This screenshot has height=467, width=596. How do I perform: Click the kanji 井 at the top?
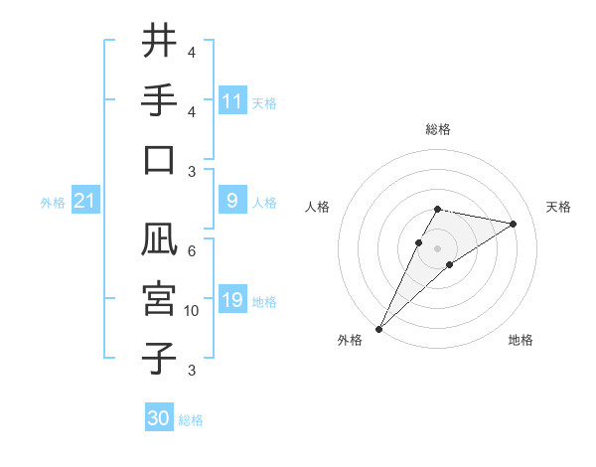pyautogui.click(x=159, y=42)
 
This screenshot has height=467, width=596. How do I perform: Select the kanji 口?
pyautogui.click(x=159, y=160)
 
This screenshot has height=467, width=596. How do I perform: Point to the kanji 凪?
pyautogui.click(x=159, y=239)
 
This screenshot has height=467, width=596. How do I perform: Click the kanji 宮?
pyautogui.click(x=159, y=299)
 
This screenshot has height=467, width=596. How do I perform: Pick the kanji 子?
pyautogui.click(x=159, y=358)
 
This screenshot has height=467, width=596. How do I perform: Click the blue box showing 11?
pyautogui.click(x=231, y=101)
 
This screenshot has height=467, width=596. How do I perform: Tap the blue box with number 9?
pyautogui.click(x=231, y=202)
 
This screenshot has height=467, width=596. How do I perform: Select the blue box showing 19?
pyautogui.click(x=231, y=301)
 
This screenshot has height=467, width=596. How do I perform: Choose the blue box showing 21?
pyautogui.click(x=85, y=202)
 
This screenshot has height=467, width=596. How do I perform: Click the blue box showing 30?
pyautogui.click(x=159, y=418)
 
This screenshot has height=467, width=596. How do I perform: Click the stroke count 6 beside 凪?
pyautogui.click(x=191, y=251)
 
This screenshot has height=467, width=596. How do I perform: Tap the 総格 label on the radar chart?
pyautogui.click(x=437, y=129)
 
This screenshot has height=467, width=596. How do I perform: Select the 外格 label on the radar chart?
pyautogui.click(x=350, y=340)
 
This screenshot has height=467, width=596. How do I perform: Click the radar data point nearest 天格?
pyautogui.click(x=513, y=224)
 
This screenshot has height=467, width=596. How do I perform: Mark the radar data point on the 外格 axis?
pyautogui.click(x=378, y=328)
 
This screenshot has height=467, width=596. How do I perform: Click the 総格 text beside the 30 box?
pyautogui.click(x=191, y=420)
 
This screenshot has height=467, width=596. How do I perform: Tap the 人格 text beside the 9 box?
pyautogui.click(x=264, y=203)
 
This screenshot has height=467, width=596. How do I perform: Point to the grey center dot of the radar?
pyautogui.click(x=437, y=247)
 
